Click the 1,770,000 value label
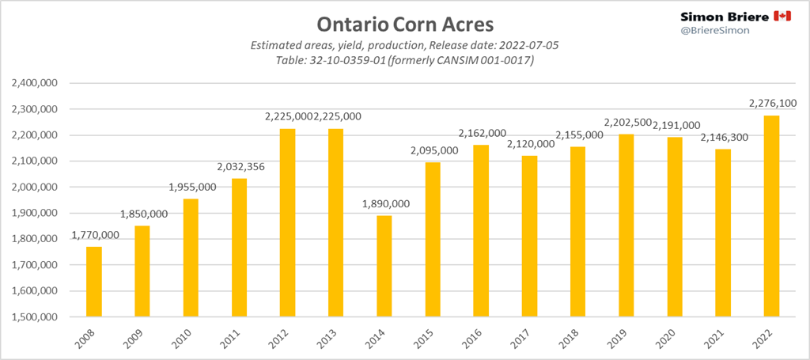click(x=96, y=235)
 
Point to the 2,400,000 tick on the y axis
click(x=37, y=83)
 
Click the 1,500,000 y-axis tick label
click(x=37, y=316)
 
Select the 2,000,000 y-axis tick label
click(x=37, y=187)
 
